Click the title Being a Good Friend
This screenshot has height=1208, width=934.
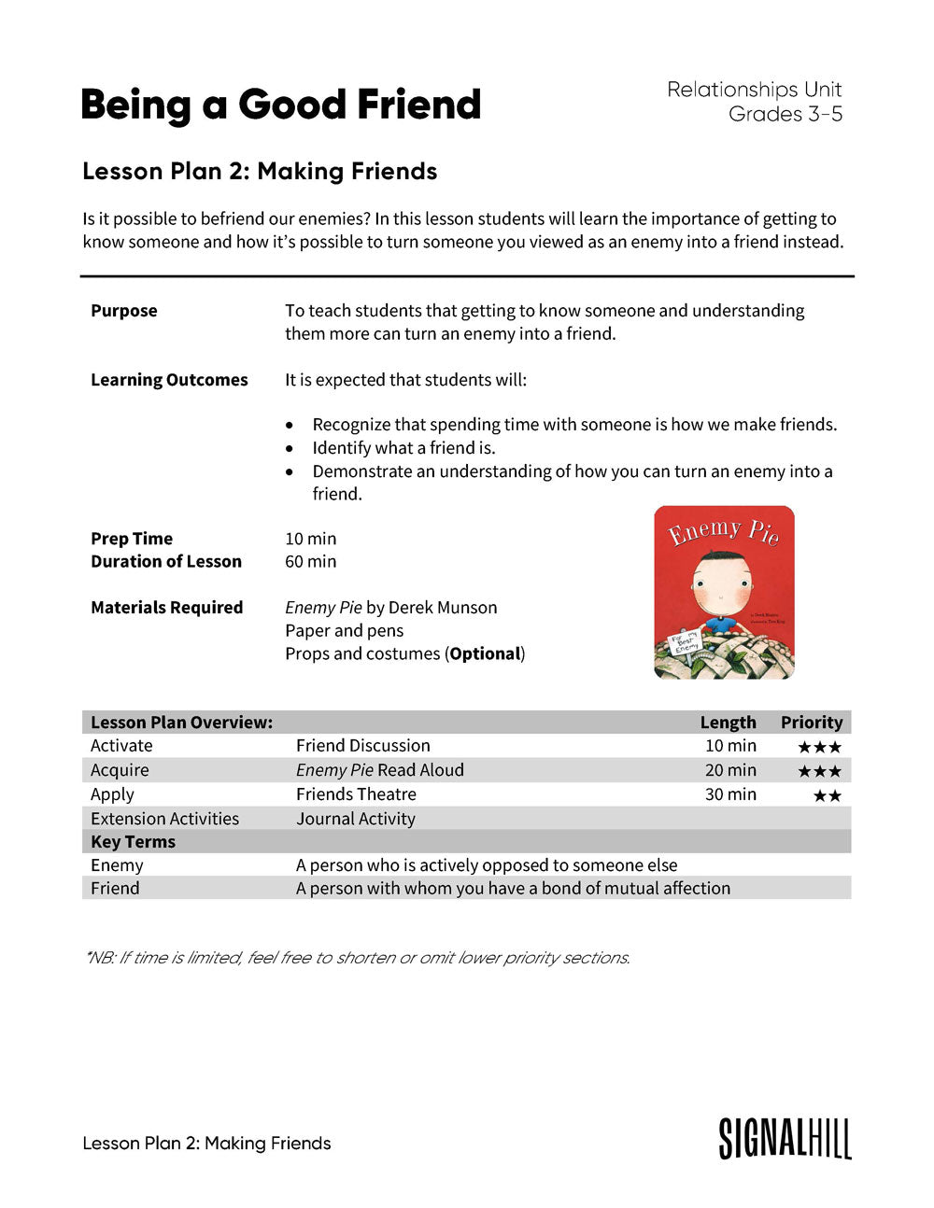click(280, 105)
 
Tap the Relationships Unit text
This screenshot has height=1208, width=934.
click(754, 90)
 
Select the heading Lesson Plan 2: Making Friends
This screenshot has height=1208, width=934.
click(260, 172)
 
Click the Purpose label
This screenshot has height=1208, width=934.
click(124, 311)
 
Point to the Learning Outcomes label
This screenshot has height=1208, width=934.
click(169, 380)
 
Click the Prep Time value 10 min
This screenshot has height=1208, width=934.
click(310, 539)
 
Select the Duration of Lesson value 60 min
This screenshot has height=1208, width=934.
click(310, 561)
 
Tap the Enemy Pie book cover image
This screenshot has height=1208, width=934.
click(724, 592)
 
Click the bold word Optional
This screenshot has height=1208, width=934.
click(484, 653)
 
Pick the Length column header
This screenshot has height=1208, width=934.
click(728, 723)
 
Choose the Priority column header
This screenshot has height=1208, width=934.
click(811, 723)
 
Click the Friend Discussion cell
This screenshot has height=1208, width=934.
click(363, 746)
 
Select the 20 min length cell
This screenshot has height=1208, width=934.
click(730, 770)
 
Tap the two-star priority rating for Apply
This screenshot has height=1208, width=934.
click(827, 795)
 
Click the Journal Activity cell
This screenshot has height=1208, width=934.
click(356, 819)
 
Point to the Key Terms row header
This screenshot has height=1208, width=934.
click(133, 842)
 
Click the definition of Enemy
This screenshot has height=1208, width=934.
click(487, 865)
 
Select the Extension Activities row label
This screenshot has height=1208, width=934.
click(164, 819)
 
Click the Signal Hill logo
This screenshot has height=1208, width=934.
click(785, 1138)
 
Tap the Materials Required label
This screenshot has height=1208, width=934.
click(166, 608)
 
